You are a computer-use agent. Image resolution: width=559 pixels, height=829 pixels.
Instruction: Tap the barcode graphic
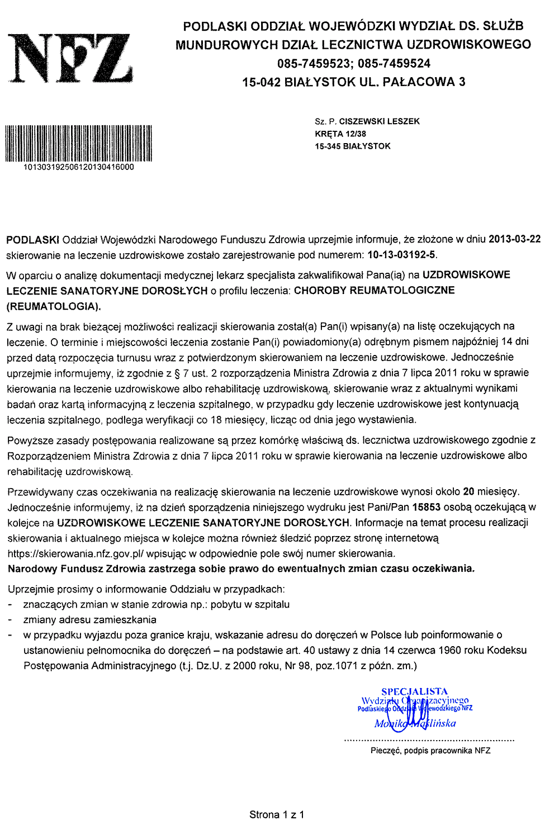(x=79, y=143)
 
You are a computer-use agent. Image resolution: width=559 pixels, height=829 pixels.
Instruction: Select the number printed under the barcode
(x=79, y=167)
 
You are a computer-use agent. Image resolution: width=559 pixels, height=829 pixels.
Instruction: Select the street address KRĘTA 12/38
(x=340, y=134)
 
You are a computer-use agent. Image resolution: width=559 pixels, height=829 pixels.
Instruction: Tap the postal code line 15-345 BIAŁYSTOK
(x=353, y=146)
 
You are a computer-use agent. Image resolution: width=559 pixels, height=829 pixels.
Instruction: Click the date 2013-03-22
(x=514, y=239)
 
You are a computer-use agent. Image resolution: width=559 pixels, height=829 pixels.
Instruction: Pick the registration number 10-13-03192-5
(x=402, y=255)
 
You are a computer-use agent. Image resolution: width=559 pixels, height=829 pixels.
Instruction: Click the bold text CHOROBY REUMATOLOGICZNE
(x=374, y=290)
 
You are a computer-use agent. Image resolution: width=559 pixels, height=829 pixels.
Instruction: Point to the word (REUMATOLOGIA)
(x=54, y=306)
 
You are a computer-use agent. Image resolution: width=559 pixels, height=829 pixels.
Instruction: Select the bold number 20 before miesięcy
(x=468, y=492)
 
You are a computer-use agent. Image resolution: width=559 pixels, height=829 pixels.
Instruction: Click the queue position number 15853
(x=426, y=508)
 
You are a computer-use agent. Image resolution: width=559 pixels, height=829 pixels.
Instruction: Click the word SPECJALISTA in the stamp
(x=414, y=691)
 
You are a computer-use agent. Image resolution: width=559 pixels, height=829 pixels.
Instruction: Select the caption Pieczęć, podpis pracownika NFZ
(x=430, y=751)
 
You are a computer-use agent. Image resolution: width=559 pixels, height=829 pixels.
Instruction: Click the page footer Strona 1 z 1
(x=277, y=814)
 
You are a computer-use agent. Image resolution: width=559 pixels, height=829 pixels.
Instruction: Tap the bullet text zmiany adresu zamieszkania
(x=89, y=619)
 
